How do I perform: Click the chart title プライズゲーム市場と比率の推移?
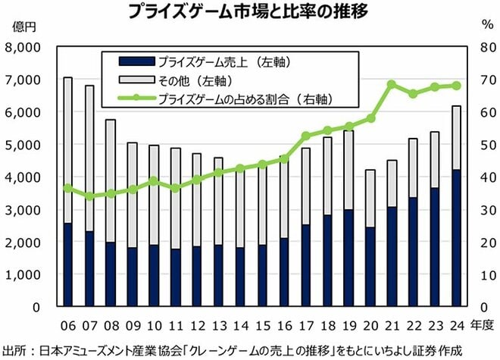pos(248,11)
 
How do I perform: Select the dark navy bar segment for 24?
pos(457,238)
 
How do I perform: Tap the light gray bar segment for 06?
pos(67,150)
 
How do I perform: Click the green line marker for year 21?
pos(392,85)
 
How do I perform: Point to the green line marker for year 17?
pos(306,136)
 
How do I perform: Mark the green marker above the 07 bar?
pos(89,196)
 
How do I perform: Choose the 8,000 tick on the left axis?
pos(23,47)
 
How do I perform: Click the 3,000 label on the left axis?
pos(23,210)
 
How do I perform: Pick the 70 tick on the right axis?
pos(488,80)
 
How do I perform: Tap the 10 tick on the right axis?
pos(488,275)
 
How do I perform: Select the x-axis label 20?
pos(370,326)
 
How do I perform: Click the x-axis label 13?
pos(220,326)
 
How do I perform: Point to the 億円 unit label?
pos(24,27)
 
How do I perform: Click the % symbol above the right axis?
pos(488,25)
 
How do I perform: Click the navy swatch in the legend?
pos(137,61)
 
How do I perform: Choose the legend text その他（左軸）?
pos(195,80)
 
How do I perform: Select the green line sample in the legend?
pos(137,98)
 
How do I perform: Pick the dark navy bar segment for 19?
pos(348,258)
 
